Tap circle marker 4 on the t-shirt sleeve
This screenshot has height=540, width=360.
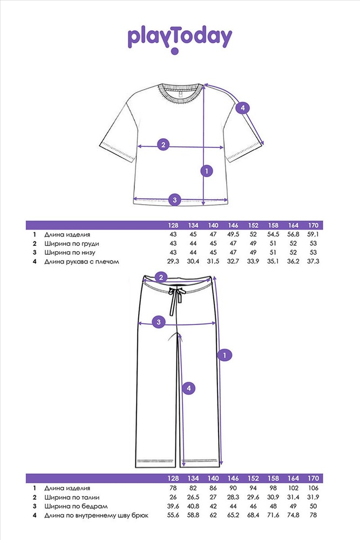coord(243,108)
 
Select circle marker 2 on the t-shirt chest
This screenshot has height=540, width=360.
coord(163,145)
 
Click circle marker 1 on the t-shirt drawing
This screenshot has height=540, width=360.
coord(207,171)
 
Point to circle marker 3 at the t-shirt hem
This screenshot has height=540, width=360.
coord(175,200)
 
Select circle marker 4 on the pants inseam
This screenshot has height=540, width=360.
coord(188,388)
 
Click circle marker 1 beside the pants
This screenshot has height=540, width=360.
coord(225,355)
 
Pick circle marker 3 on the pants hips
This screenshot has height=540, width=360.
coord(159,322)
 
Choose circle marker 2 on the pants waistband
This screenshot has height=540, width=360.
coord(161,277)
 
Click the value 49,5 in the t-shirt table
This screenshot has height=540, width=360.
coord(233,234)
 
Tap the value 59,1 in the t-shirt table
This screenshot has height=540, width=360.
coord(313,234)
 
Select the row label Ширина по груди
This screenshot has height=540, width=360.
coord(72,244)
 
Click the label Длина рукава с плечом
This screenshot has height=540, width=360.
coord(81,261)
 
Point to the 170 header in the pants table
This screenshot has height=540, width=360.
coord(313,478)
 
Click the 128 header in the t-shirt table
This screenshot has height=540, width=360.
coord(173,225)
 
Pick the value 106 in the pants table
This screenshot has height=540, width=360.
coord(313,488)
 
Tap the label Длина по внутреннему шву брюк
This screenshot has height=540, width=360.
coord(97,516)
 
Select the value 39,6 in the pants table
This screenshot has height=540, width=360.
coord(173,507)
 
